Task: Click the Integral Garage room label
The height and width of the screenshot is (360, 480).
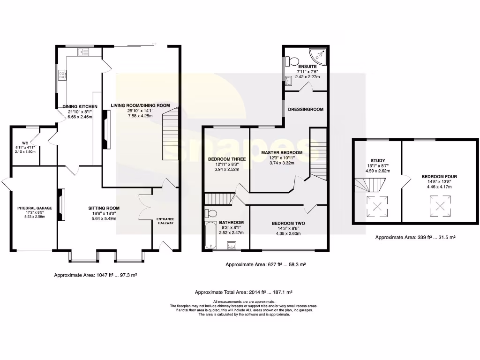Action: tap(35, 208)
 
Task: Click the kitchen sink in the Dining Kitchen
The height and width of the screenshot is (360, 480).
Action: tap(83, 52)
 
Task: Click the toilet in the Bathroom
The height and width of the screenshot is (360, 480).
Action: tap(210, 214)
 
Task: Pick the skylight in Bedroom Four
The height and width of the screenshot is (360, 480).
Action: tap(440, 205)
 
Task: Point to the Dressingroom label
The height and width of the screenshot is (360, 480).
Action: tap(306, 109)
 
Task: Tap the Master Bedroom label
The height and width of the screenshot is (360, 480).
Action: tap(282, 152)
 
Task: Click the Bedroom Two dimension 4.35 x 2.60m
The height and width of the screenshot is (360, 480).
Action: tap(288, 233)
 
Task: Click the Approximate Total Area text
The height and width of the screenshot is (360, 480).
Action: tap(243, 292)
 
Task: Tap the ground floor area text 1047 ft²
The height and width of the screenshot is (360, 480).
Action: tap(96, 275)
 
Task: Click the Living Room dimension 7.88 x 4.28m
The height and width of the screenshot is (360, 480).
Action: tap(140, 116)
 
